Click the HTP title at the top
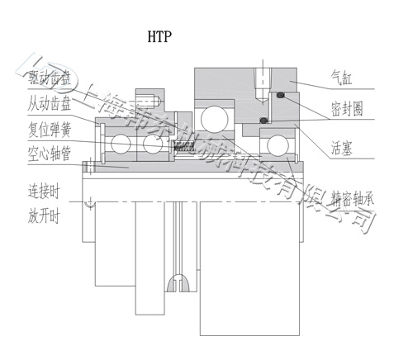tap(161, 36)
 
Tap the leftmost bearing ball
tap(121, 144)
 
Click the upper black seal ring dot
tap(282, 95)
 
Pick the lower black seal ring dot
tap(263, 121)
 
